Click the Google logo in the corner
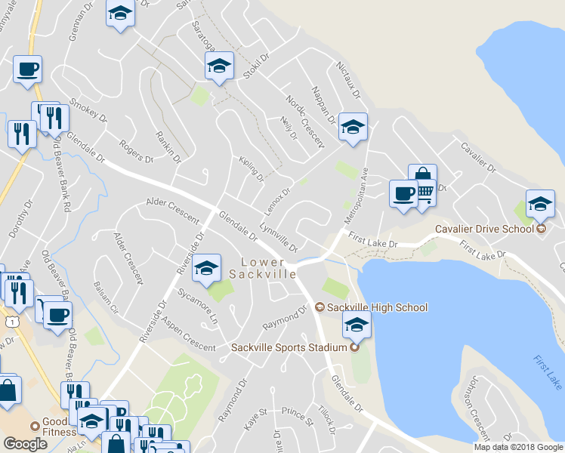tap(26, 444)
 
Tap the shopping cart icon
tap(425, 195)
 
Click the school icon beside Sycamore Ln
tap(206, 269)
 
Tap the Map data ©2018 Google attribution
tap(517, 447)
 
